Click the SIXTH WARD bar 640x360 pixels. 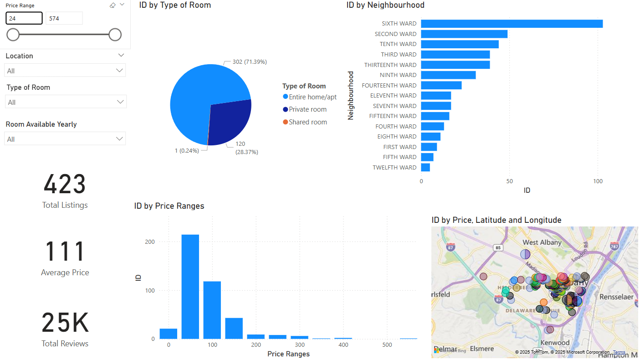click(512, 24)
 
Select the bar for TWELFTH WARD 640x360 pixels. click(425, 167)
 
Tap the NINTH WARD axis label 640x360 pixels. click(398, 75)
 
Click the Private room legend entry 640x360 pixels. click(307, 109)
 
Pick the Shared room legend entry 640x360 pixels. click(307, 122)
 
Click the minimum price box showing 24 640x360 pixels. click(24, 18)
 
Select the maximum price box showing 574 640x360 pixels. click(64, 18)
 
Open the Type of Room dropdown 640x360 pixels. click(65, 102)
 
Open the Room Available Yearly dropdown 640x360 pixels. click(65, 139)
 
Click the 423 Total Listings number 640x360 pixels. click(65, 185)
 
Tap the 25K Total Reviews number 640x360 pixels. click(65, 323)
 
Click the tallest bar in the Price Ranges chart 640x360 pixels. click(190, 287)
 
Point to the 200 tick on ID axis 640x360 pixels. click(150, 242)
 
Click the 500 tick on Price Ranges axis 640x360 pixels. click(387, 345)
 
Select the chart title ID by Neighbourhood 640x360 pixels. click(385, 5)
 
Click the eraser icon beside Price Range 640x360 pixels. click(113, 5)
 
